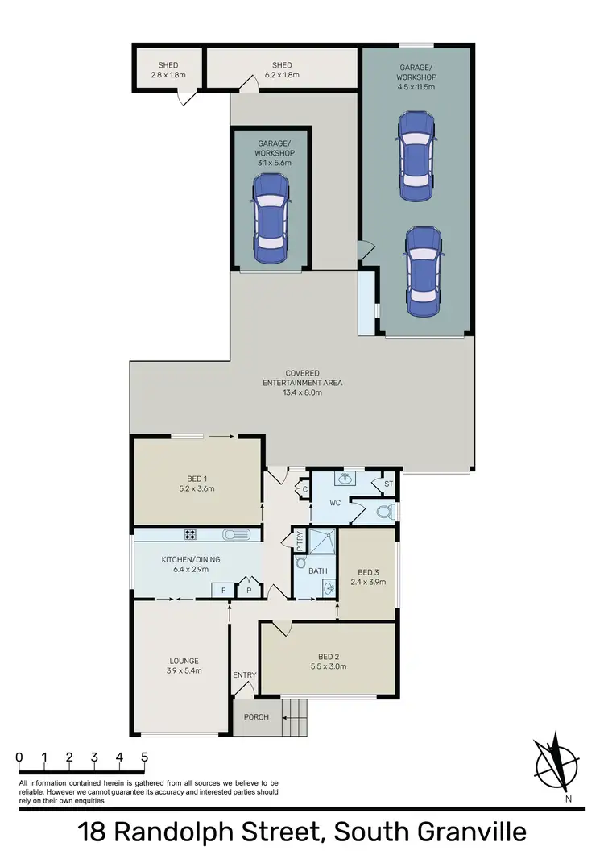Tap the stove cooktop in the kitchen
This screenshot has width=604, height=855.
coord(191,533)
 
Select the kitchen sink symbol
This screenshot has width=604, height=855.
coord(238,533)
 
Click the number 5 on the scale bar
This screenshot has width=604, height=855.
coord(145,757)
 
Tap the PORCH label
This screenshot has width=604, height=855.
coord(249,716)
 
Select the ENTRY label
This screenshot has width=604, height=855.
coord(244,674)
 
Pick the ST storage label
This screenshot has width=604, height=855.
coord(388,484)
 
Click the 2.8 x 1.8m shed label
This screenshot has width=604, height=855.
coord(168,76)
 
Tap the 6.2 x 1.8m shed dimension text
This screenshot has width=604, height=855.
coord(282,76)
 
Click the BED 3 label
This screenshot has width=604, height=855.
coord(366,573)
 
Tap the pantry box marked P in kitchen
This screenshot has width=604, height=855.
coord(248,591)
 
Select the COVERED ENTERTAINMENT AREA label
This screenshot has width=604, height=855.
coord(302,383)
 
